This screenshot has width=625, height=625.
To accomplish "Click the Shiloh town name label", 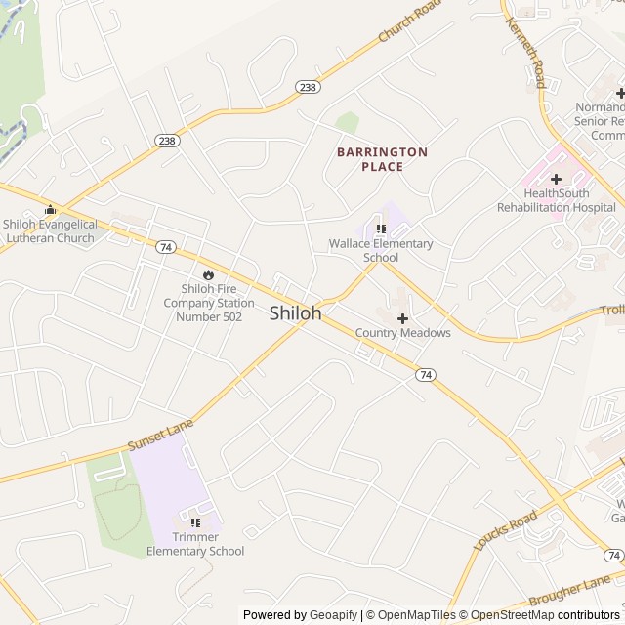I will (295, 313).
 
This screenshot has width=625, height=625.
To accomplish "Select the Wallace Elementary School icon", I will (381, 229).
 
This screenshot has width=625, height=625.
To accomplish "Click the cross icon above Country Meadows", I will (402, 318).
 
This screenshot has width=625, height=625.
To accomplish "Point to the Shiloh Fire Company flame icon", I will (207, 273).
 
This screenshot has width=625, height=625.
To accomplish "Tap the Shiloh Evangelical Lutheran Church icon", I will (51, 210).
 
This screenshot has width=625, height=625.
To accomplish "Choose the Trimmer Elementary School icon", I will (195, 522).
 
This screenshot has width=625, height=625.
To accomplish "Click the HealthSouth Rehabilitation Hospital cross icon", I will (556, 179).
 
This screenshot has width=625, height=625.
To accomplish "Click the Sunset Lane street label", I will (160, 436).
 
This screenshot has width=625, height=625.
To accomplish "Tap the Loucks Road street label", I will (505, 530).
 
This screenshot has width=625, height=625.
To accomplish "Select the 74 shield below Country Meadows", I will (425, 374).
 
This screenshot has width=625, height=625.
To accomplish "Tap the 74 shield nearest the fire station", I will (165, 248).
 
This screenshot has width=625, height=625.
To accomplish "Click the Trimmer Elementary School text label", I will (195, 544).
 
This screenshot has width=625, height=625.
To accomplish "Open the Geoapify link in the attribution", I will (334, 615).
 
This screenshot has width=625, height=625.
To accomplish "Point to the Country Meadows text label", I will (402, 333).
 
